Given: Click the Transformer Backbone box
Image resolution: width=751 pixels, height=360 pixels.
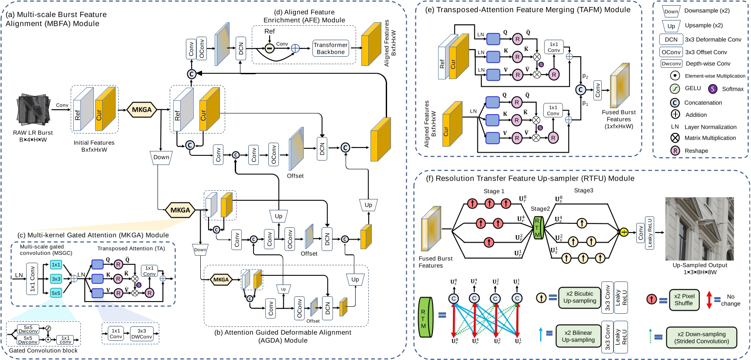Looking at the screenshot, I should point(330,48).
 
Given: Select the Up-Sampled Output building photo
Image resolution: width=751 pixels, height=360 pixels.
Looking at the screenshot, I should point(699,229).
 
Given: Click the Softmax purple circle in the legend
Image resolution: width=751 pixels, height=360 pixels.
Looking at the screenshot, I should point(712,89).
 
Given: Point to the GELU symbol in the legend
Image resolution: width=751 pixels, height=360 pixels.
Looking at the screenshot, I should point(675,89).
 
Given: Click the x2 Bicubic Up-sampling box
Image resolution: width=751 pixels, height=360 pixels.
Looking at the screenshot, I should point(579,297).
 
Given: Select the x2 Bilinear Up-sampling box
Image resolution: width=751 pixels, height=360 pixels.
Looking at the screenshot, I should point(578,336).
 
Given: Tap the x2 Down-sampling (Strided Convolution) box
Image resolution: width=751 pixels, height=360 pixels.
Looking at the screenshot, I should point(701,337).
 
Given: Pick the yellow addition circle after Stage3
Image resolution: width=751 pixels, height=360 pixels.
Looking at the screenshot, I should point(624,232).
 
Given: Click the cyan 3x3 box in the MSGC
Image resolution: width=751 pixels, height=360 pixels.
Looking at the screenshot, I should point(56,278).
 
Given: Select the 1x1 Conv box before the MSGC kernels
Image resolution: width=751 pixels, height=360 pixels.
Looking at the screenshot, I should point(32,278).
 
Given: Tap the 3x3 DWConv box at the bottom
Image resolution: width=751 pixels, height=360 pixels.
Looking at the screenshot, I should point(141,334).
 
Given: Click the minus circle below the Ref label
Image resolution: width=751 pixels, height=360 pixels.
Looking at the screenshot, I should point(269,48).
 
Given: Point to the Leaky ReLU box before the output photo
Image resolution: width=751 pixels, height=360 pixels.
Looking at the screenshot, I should point(650,233).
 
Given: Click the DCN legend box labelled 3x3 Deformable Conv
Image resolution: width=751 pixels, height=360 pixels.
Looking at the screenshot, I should point(671,40).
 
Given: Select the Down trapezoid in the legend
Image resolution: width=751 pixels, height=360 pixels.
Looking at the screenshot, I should point(671,12).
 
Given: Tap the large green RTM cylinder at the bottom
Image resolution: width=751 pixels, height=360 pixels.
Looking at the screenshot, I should point(424,317).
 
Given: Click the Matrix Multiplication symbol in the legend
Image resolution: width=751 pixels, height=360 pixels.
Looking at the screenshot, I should point(675,138).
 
